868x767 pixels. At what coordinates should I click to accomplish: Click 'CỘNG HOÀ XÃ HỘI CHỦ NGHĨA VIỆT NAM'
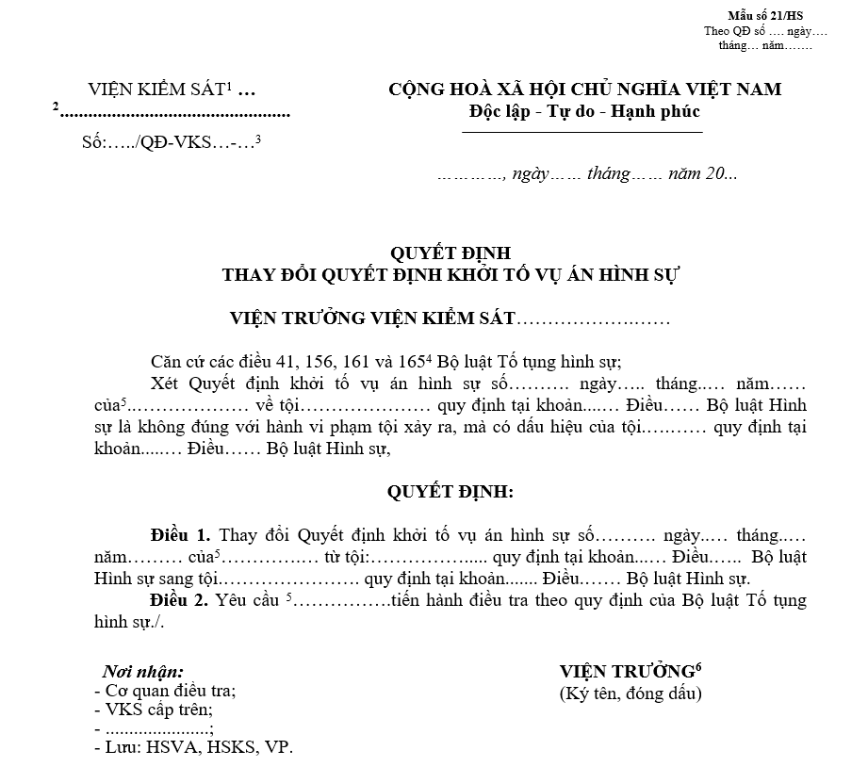coord(584,90)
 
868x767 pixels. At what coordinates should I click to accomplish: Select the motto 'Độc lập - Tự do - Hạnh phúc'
coord(584,111)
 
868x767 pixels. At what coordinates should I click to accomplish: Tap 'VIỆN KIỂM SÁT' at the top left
coord(156,90)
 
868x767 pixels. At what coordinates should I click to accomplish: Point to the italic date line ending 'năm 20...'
coord(587,174)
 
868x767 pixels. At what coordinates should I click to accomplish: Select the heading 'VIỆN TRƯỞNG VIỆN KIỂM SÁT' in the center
coord(373,318)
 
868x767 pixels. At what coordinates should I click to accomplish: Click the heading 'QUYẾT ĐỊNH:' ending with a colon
coord(450,492)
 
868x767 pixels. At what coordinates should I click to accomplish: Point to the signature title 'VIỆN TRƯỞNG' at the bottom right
coord(627,672)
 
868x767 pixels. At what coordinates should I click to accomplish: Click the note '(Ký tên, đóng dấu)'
coord(631,694)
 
